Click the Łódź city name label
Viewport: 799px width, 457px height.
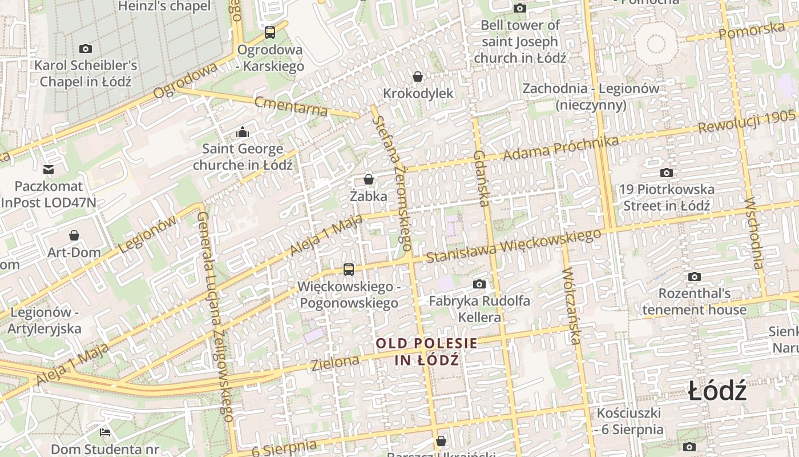(x=717, y=392)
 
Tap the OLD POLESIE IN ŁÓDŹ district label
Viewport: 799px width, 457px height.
(x=426, y=351)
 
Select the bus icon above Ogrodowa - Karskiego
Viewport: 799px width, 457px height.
(x=270, y=33)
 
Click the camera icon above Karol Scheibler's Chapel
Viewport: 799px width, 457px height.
(x=86, y=49)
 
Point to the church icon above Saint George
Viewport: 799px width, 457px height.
(x=243, y=133)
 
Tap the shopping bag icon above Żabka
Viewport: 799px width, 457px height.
(x=369, y=179)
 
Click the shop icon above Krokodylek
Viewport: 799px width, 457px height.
(x=418, y=77)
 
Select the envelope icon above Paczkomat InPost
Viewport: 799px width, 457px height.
(x=49, y=170)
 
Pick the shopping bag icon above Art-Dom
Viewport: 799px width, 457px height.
(x=74, y=235)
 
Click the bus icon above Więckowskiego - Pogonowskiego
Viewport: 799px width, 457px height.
(x=348, y=270)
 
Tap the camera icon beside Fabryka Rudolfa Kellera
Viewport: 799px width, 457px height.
(x=479, y=284)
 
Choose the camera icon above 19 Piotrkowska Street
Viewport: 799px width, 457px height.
(x=666, y=173)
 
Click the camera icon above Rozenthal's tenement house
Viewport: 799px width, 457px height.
(x=694, y=277)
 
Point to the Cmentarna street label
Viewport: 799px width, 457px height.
(x=291, y=106)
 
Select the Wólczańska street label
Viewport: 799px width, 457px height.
(x=571, y=306)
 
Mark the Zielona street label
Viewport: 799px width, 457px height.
(x=336, y=362)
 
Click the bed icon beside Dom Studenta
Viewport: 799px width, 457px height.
(x=105, y=432)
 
